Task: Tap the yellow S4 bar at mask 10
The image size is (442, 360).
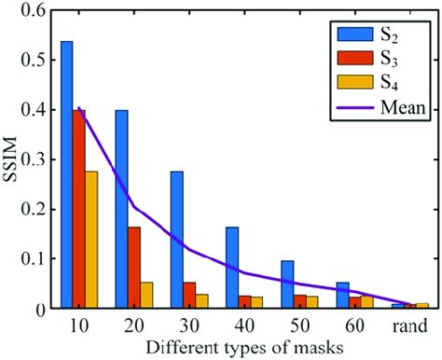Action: (x=92, y=240)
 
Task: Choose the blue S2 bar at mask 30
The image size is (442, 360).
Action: (x=176, y=240)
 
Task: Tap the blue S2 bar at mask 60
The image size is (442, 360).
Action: (x=340, y=295)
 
